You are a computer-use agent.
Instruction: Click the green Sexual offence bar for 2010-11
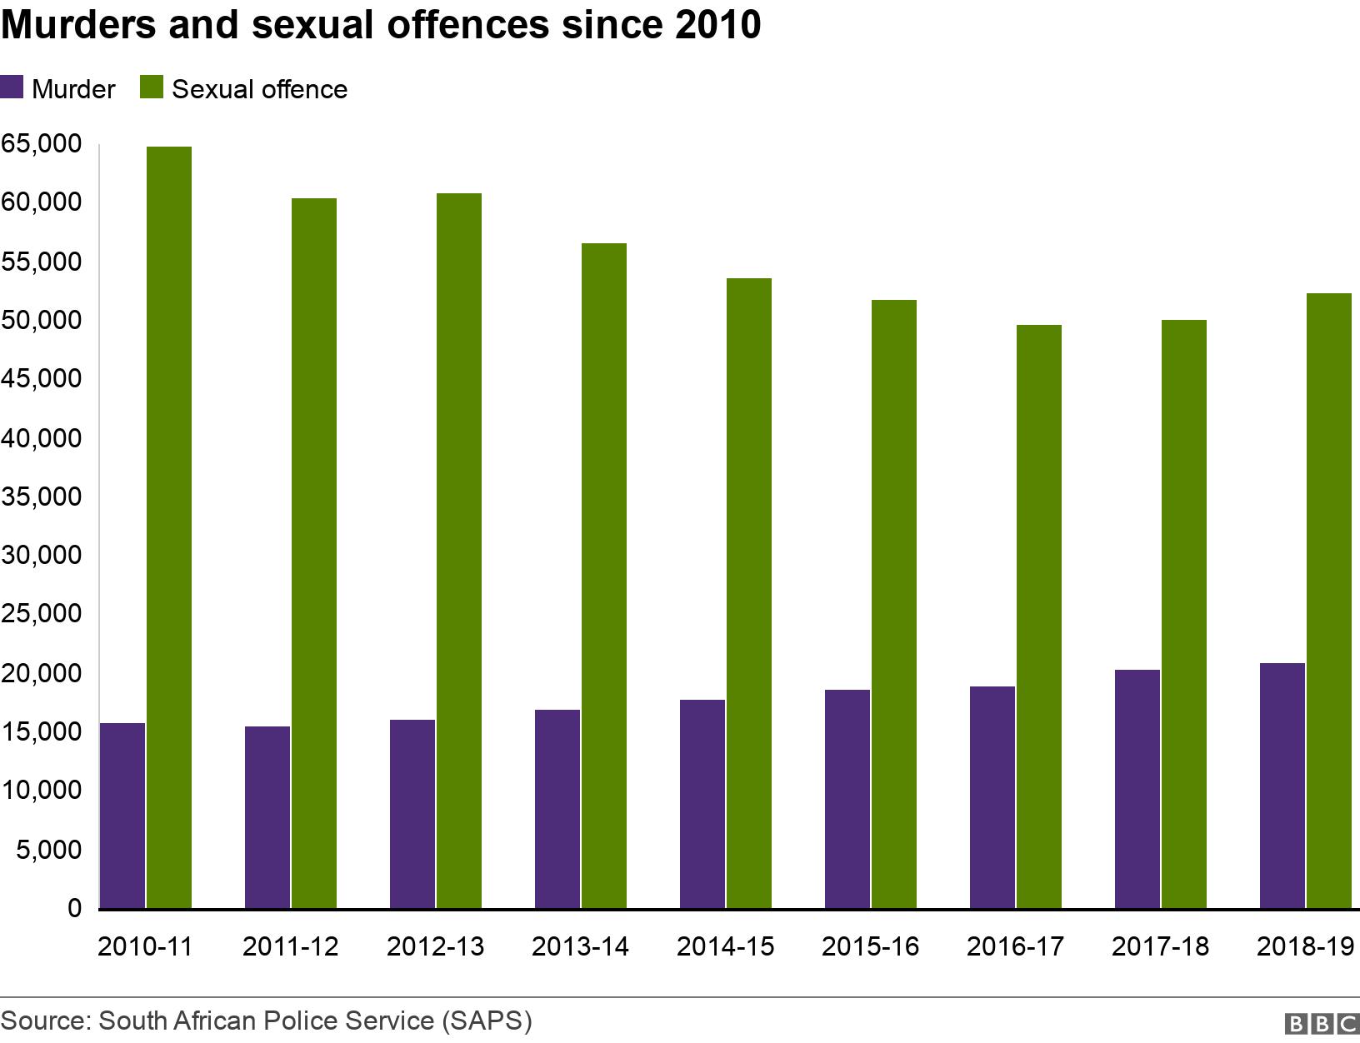pos(169,526)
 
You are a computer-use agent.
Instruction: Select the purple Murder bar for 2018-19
pos(1282,785)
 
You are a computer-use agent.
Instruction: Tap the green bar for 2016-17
pos(1039,616)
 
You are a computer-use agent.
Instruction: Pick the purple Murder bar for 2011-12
pos(267,816)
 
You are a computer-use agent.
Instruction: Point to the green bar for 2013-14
pos(604,575)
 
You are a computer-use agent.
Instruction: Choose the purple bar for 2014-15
pos(702,803)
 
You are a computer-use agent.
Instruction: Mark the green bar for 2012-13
pos(459,550)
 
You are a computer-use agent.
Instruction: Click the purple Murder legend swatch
pos(12,88)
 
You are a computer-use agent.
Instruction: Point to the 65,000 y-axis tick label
pos(42,144)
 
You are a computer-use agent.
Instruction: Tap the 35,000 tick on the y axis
pos(42,497)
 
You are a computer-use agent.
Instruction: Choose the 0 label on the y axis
pos(74,908)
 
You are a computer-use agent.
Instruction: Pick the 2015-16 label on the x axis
pos(870,946)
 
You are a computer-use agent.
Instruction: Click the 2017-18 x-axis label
pos(1160,946)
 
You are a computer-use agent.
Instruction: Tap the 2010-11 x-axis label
pos(145,946)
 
